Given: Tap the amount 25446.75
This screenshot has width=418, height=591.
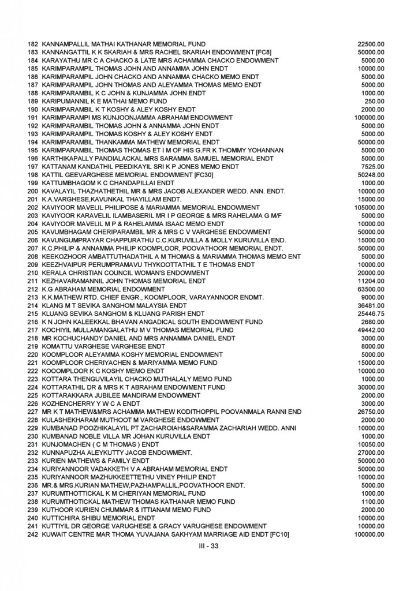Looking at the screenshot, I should point(371,313).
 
